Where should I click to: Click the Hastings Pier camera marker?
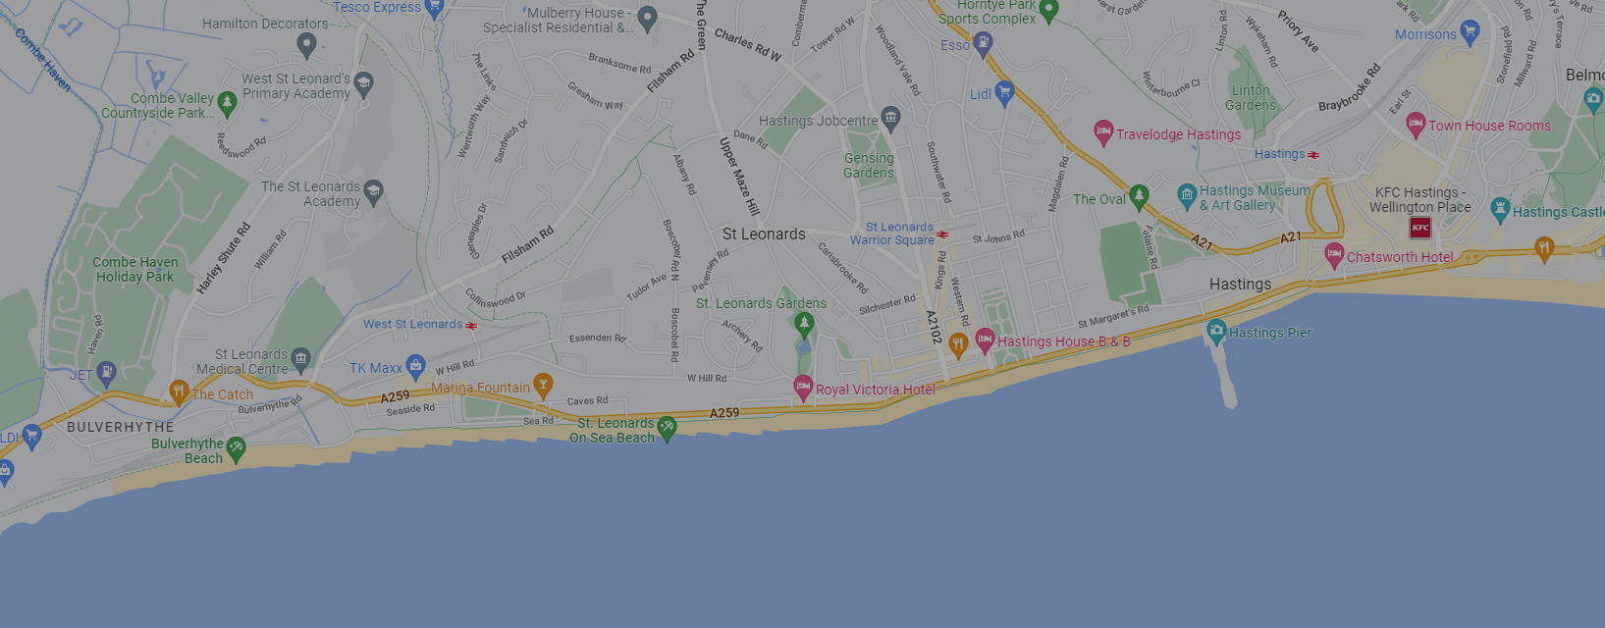(1216, 331)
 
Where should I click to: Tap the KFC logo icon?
(1420, 228)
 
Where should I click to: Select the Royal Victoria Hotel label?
(875, 390)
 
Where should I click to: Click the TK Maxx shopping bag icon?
(415, 367)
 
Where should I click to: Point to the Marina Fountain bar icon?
(543, 385)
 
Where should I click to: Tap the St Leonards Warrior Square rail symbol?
(942, 235)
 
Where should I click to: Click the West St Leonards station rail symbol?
(471, 325)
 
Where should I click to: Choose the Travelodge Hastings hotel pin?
(1103, 132)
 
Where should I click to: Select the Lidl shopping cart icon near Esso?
(1003, 93)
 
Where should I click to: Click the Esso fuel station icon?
(983, 44)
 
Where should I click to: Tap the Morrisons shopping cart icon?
(1470, 32)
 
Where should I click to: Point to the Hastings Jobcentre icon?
(890, 119)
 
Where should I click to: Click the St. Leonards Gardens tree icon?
(804, 323)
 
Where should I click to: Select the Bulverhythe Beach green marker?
(236, 449)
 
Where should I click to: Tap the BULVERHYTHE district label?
(120, 427)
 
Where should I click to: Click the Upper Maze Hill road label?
(739, 177)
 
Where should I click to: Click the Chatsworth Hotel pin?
(1334, 255)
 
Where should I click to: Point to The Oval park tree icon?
(1139, 197)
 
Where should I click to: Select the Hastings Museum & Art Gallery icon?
(1187, 196)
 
